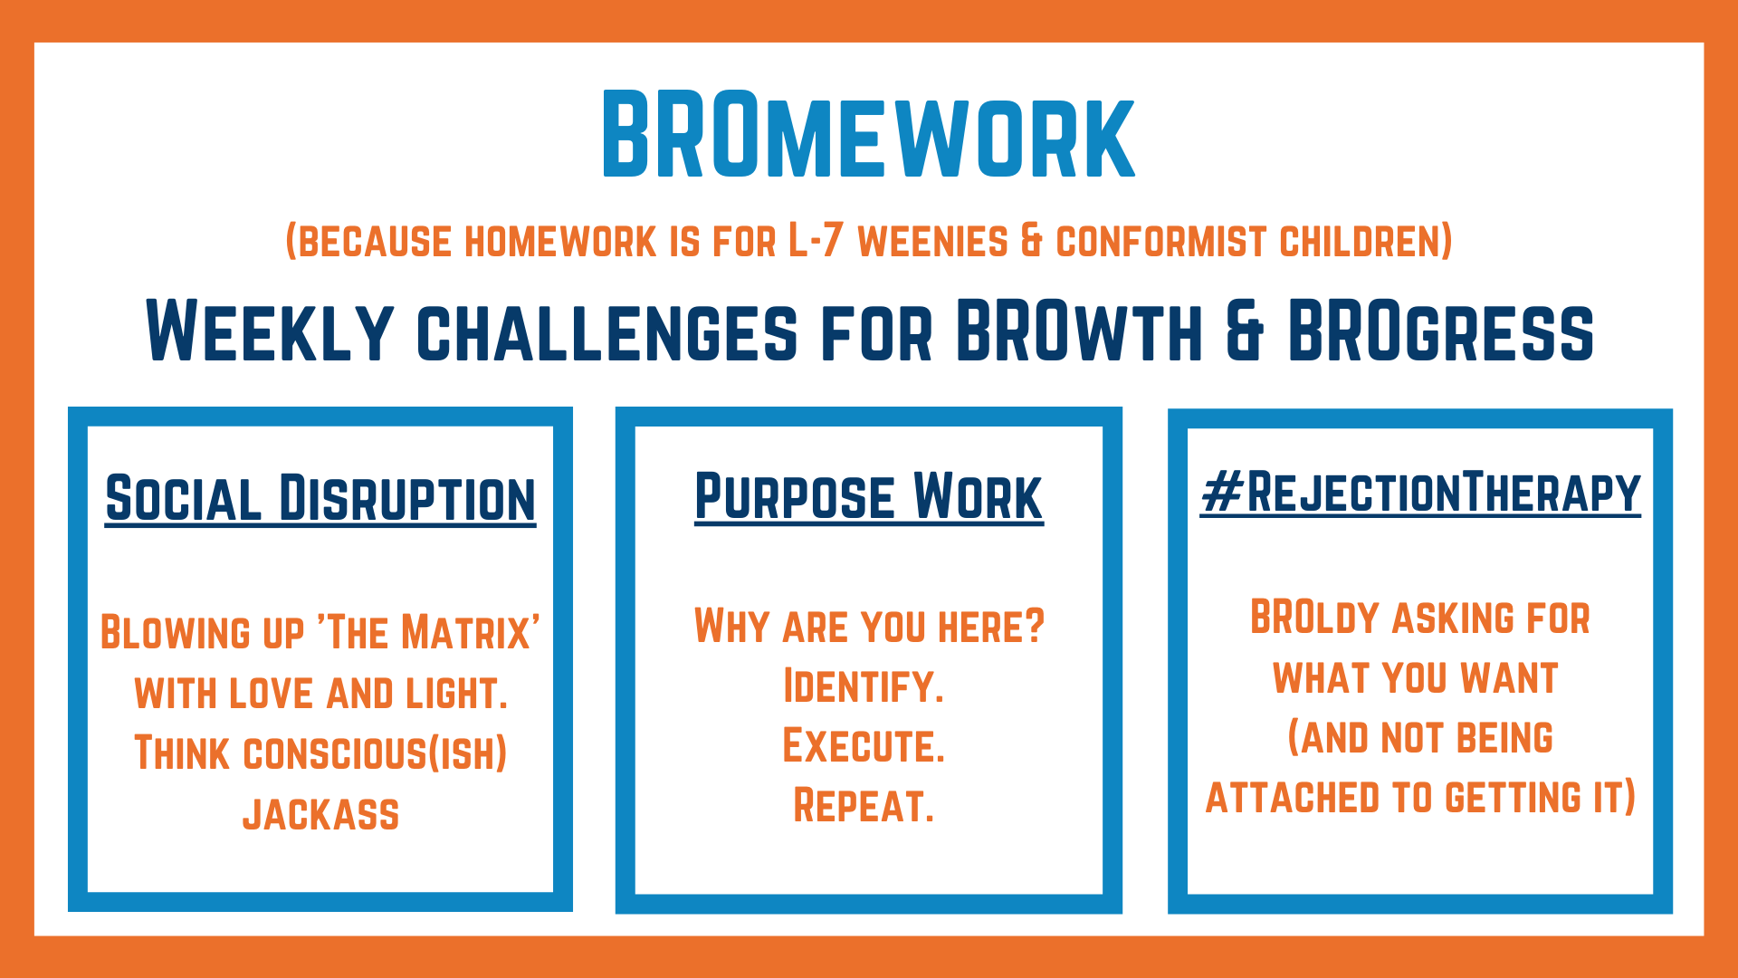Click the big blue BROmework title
click(868, 134)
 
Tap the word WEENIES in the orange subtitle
click(932, 242)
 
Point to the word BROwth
click(1079, 331)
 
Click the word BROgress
click(1440, 331)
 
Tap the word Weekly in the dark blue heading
click(270, 331)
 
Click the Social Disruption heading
click(320, 498)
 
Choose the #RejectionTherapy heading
click(1420, 493)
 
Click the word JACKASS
click(320, 814)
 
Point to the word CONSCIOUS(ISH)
click(375, 753)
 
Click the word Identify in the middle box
click(864, 686)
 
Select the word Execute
click(864, 746)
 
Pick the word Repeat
click(864, 806)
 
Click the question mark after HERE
click(1036, 626)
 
